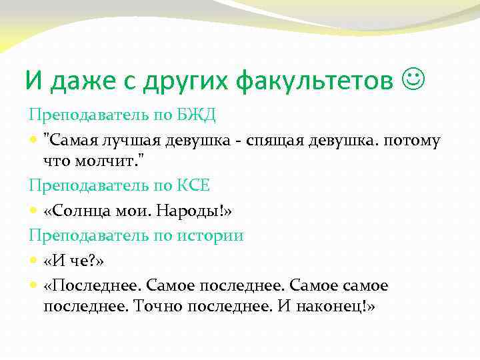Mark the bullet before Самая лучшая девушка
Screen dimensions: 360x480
pos(34,141)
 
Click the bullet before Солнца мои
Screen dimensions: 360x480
pos(34,211)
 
